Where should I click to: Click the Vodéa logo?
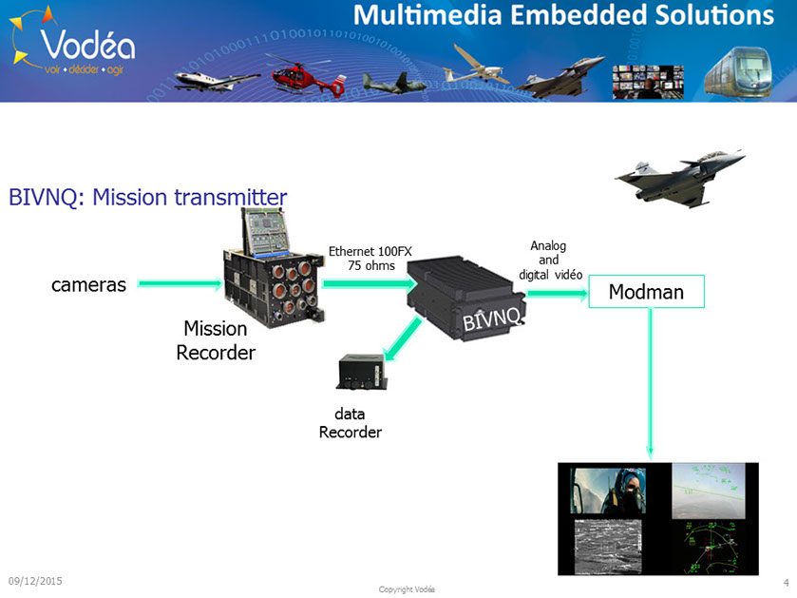[72, 43]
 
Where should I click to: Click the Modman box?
[646, 292]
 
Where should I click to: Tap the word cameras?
[88, 284]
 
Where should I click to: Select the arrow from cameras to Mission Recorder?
[180, 282]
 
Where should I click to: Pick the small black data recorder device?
[361, 372]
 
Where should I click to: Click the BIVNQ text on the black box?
[490, 314]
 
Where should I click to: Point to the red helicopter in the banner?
[305, 74]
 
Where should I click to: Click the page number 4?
[786, 581]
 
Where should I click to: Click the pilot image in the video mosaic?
[607, 489]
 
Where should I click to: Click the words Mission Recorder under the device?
[216, 340]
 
